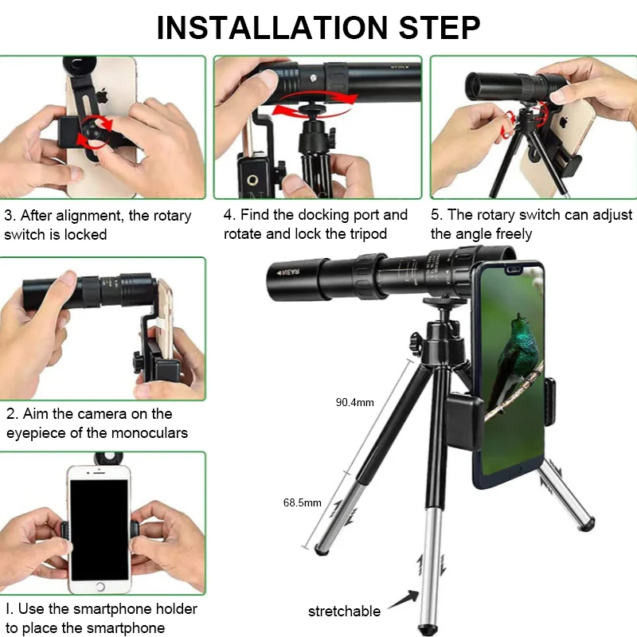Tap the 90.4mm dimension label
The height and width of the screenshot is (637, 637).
coord(354,402)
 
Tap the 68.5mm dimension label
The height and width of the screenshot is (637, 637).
coord(303,502)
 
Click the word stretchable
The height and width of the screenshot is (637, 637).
coord(344,612)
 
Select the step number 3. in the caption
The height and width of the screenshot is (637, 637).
coord(10,216)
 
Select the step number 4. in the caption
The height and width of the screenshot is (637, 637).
coord(230,215)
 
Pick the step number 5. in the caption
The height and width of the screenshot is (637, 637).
coord(436,215)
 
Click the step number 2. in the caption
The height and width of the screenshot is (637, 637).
coord(12,414)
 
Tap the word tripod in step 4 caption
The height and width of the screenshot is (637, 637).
coord(366,234)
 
